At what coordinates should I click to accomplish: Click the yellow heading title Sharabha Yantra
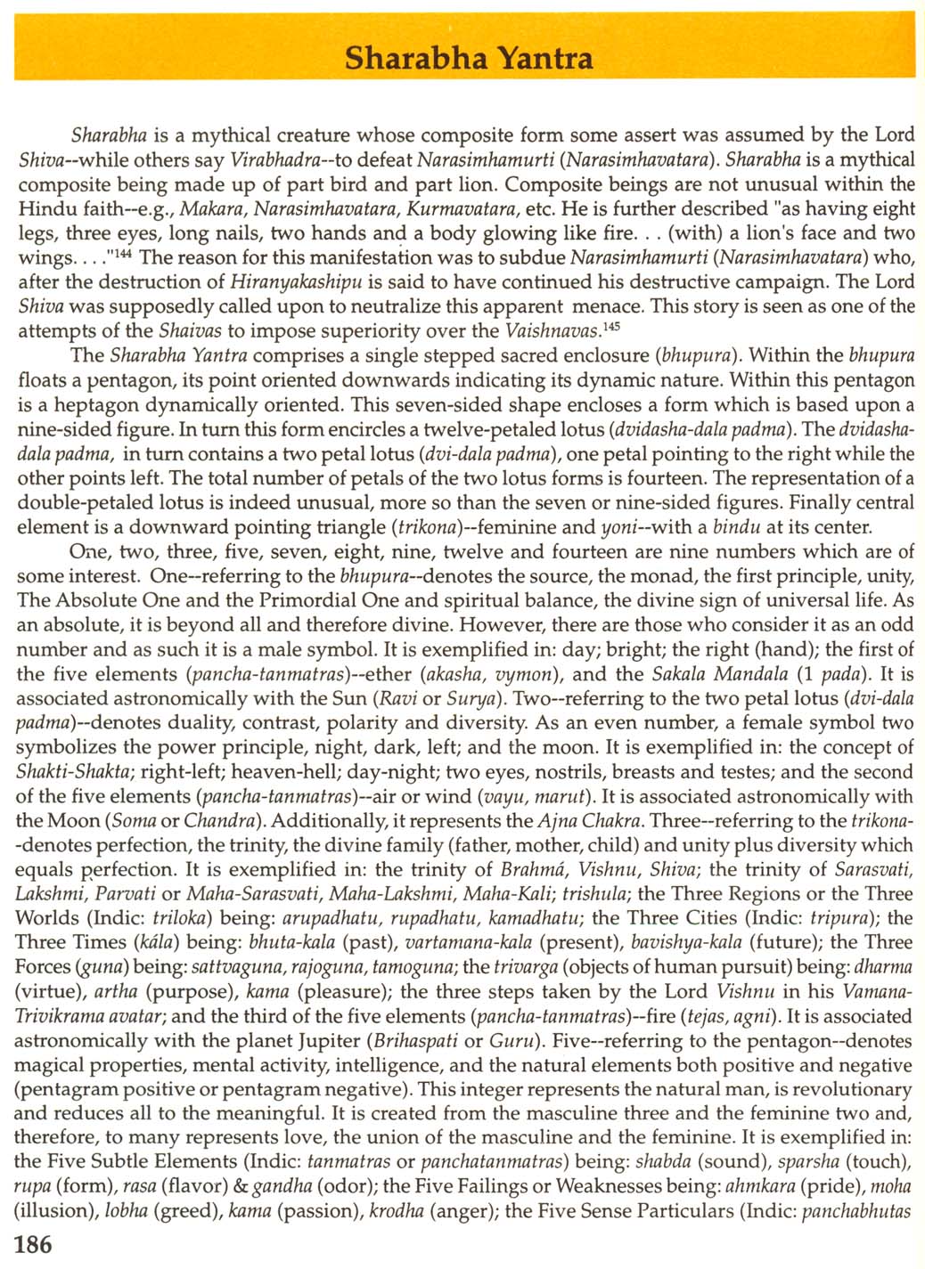coord(468,58)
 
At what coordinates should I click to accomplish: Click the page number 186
coord(34,1244)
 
